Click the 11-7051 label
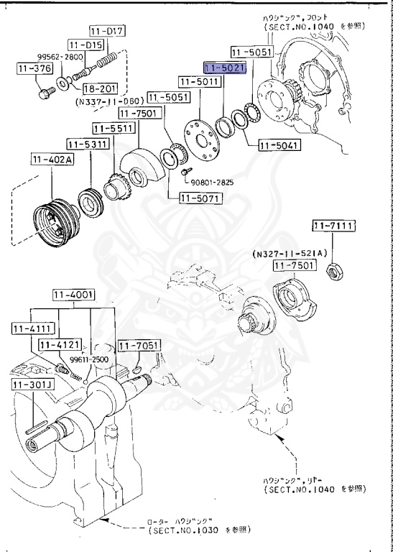[x=138, y=346]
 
